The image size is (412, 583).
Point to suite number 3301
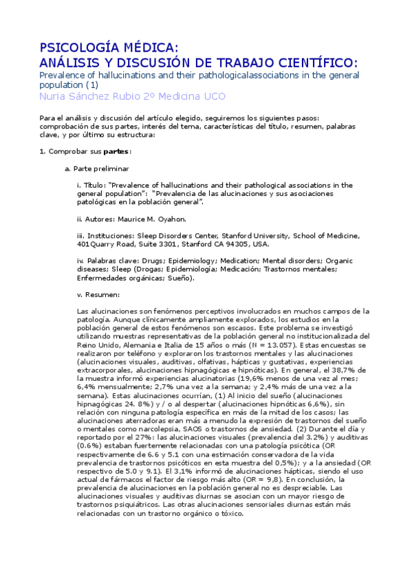point(164,244)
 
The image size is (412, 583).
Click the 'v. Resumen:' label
point(99,295)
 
